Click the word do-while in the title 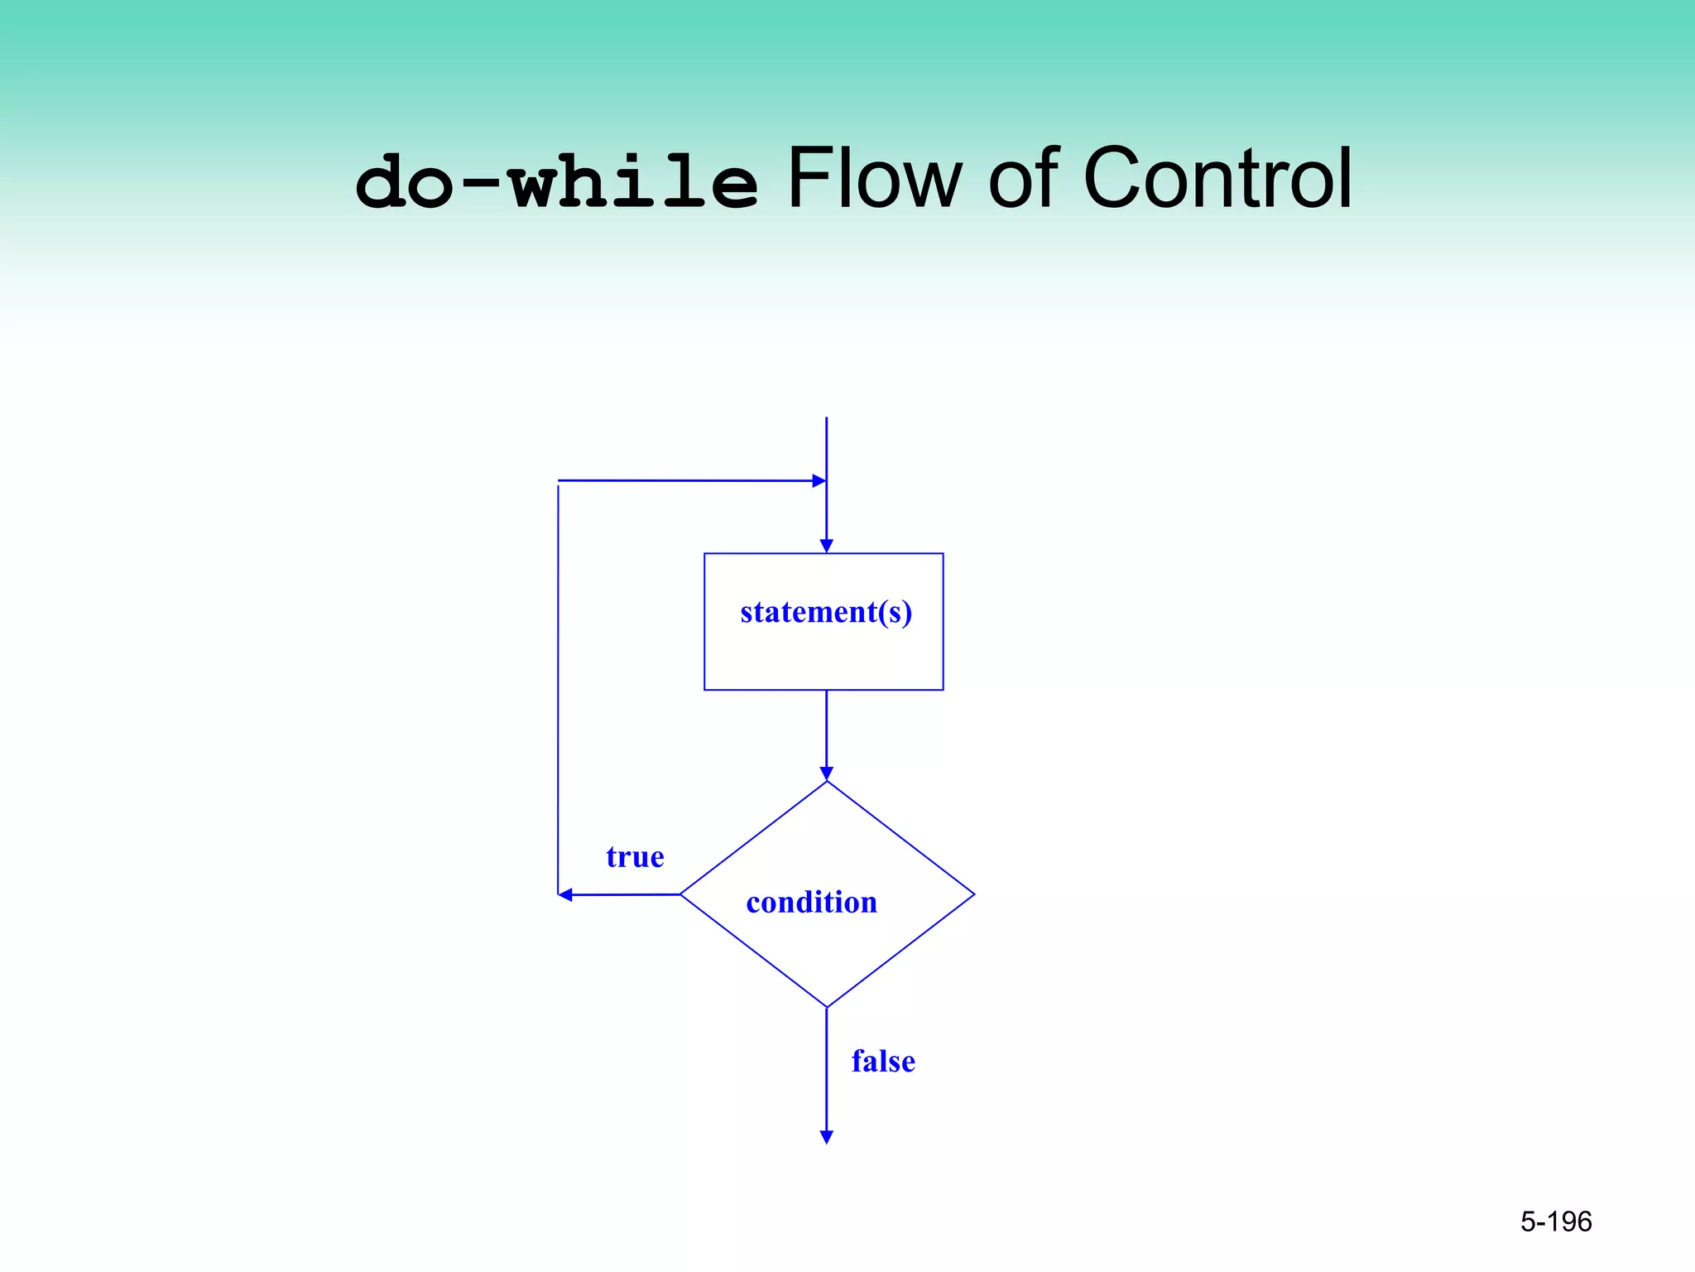click(556, 182)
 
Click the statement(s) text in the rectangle click(826, 613)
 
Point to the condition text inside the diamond click(811, 903)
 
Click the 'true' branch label click(635, 857)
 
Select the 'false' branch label click(883, 1062)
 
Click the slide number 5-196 click(1556, 1221)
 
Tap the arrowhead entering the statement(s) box click(826, 546)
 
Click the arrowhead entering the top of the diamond click(826, 773)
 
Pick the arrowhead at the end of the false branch click(826, 1137)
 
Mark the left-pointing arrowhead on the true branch click(565, 895)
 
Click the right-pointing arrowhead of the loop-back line click(819, 480)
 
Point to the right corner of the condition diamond click(973, 894)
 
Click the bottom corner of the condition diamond click(827, 1006)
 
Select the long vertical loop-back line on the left click(559, 687)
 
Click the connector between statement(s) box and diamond click(826, 729)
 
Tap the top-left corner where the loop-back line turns click(559, 481)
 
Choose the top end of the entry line click(826, 419)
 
